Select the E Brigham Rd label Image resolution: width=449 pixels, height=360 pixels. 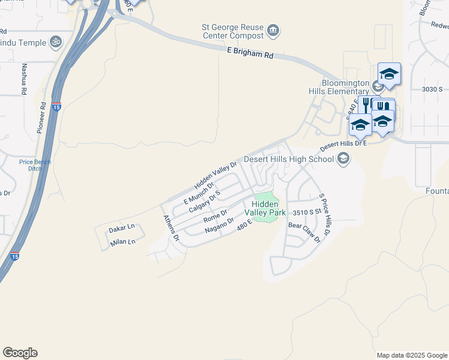[250, 53]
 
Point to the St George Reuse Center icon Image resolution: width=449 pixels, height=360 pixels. [273, 30]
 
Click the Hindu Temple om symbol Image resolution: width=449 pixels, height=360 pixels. [56, 42]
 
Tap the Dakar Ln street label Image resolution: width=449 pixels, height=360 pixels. [122, 229]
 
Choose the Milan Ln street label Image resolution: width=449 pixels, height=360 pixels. [123, 242]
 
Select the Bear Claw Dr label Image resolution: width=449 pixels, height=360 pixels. [305, 231]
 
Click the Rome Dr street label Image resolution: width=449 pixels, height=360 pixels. [215, 214]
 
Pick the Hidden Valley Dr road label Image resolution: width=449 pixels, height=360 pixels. [215, 175]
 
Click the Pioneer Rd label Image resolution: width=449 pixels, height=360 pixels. [43, 117]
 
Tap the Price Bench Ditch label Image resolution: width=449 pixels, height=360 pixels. [35, 166]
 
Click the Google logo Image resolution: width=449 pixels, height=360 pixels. [20, 353]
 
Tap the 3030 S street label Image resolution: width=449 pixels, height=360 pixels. [432, 89]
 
